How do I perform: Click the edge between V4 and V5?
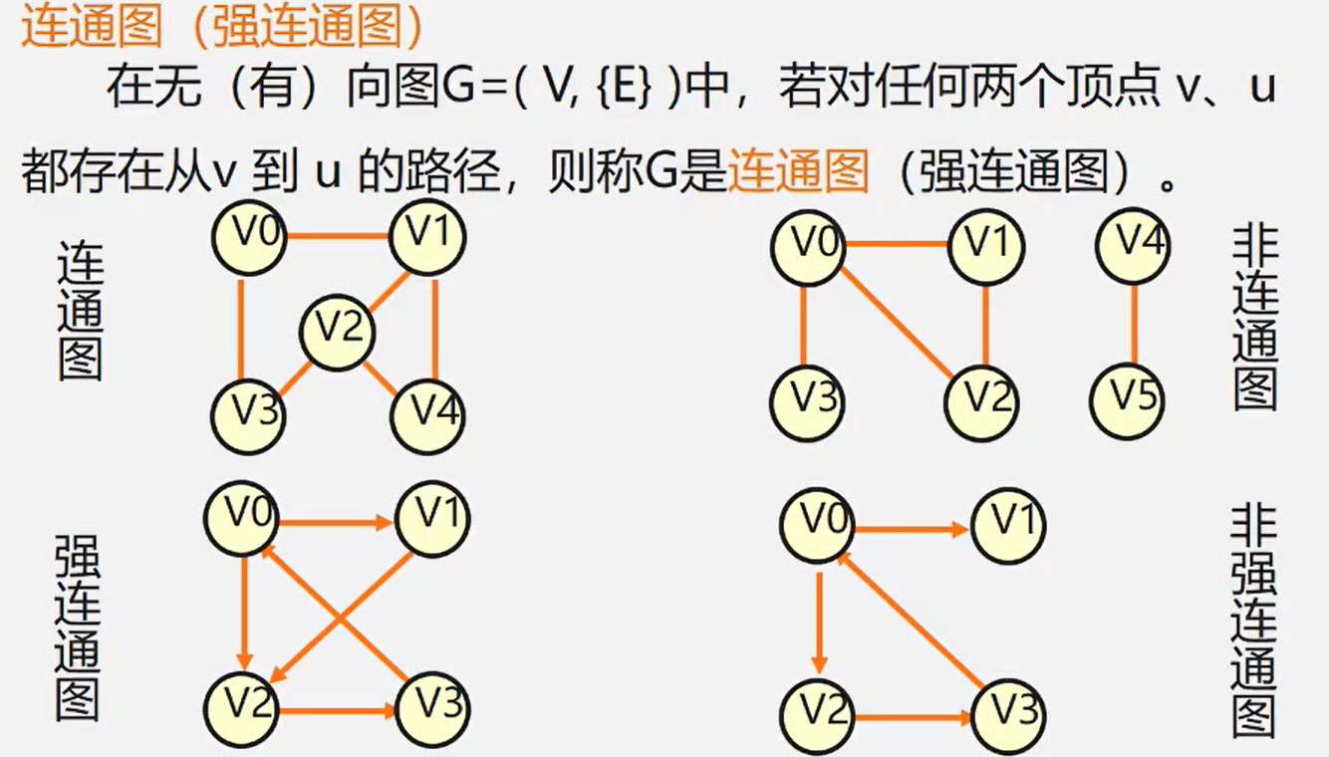(1133, 322)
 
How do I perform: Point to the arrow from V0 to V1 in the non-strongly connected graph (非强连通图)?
(911, 530)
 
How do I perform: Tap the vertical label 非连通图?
(1253, 317)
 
